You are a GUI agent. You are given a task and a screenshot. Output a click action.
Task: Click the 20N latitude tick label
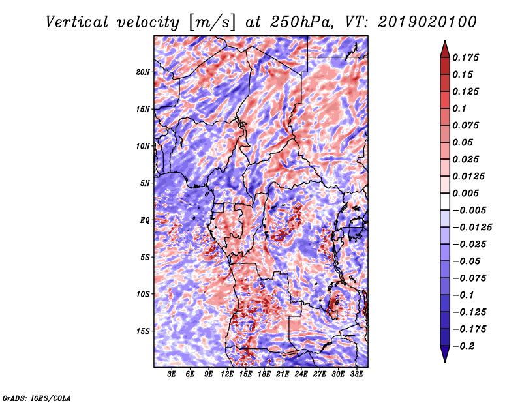coord(143,72)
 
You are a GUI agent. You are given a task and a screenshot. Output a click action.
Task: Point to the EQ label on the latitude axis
coord(145,220)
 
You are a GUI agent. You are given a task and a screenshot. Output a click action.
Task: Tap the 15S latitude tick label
coord(143,331)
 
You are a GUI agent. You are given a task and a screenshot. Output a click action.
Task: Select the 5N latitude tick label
coord(145,183)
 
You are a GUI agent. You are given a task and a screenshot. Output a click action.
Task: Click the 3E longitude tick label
coord(172,375)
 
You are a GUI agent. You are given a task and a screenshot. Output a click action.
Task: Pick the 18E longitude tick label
coord(264,375)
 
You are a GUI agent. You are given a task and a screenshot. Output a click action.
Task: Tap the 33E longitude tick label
coord(356,375)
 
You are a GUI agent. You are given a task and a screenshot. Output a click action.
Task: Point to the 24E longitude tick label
coord(301,375)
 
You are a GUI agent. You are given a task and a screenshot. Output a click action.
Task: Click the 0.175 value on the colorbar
coord(467,58)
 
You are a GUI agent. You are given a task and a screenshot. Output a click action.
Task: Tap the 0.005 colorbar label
coord(467,194)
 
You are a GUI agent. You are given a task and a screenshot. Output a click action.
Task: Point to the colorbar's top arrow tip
coord(444,42)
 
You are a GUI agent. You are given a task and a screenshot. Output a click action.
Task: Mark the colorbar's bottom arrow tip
coord(444,361)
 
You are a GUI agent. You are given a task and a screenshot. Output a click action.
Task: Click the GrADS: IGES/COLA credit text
coord(36,397)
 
